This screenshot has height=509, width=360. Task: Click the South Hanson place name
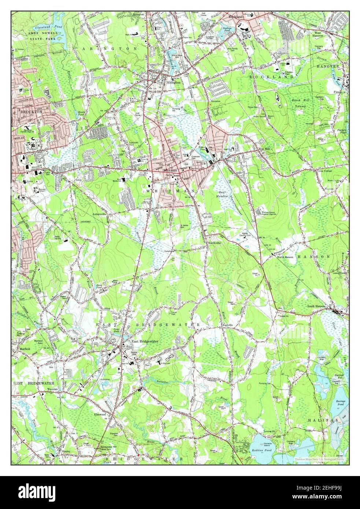click(316, 306)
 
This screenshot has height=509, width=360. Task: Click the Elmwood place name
click(100, 414)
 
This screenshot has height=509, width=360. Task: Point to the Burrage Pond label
click(341, 404)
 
